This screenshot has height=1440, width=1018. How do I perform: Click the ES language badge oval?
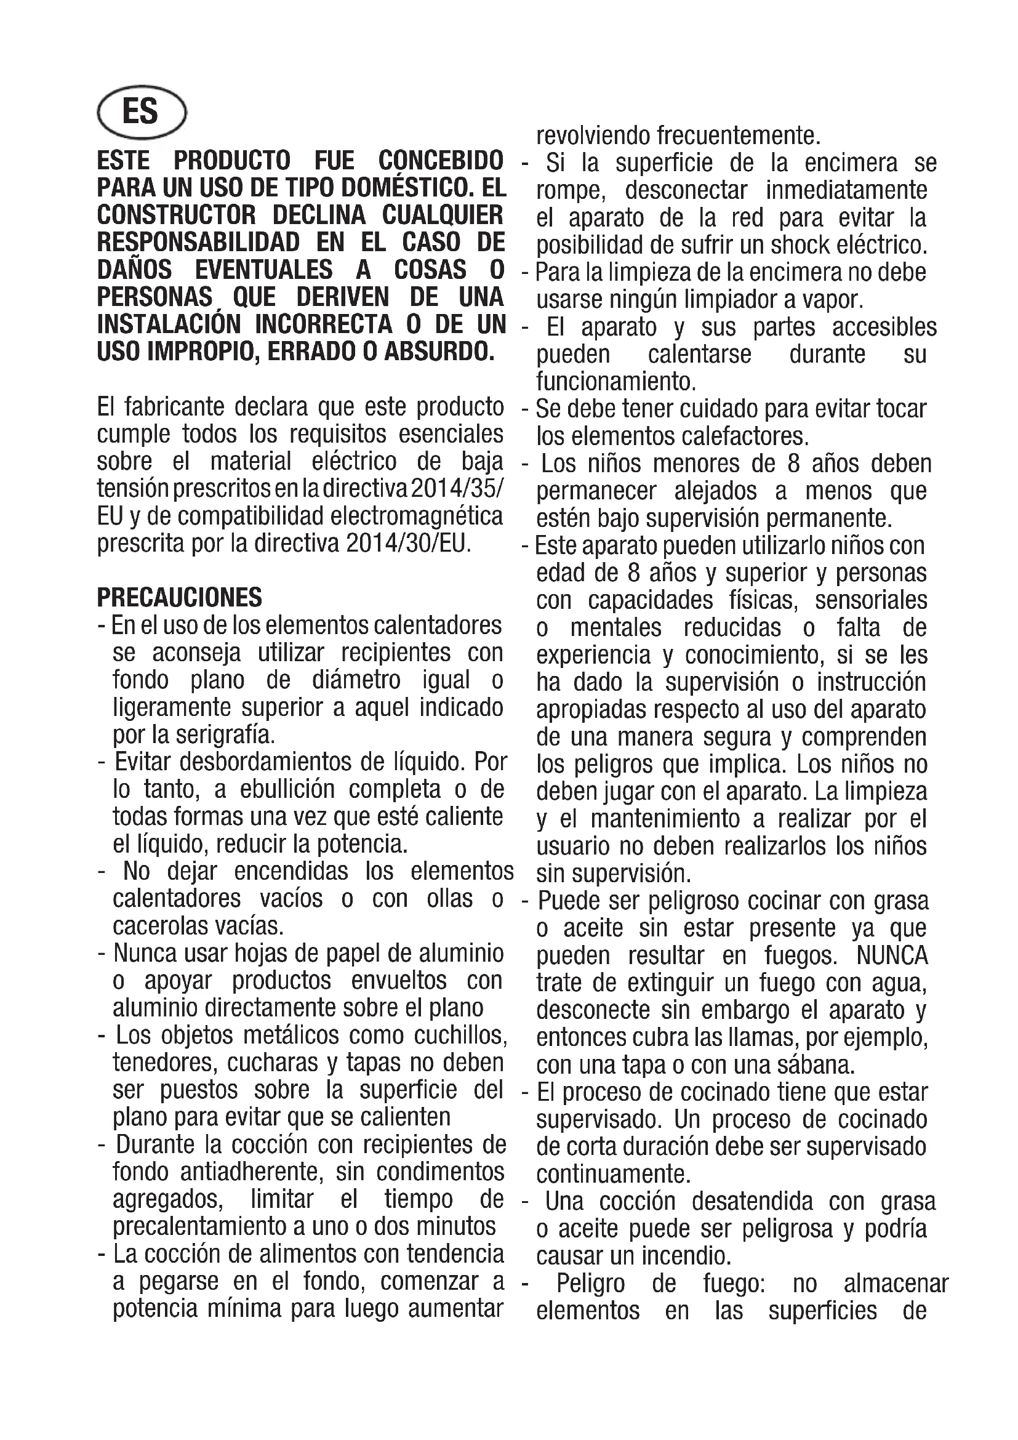coord(142,112)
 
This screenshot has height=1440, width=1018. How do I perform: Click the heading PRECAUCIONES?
coord(179,597)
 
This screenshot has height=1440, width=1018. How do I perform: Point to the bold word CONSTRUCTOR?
coord(177,215)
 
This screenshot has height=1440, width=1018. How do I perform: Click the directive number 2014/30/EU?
coord(407,542)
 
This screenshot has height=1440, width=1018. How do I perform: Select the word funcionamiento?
coord(615,380)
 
